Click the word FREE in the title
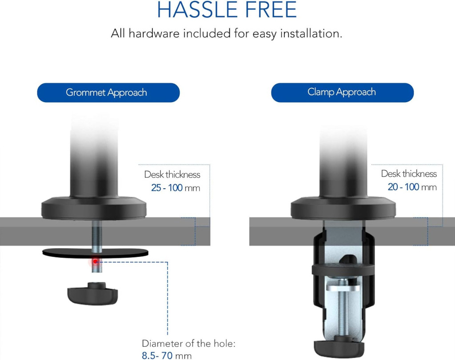(271, 9)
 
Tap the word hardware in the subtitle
(154, 34)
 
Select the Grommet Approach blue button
(108, 92)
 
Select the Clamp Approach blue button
(343, 92)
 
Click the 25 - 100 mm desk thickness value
(176, 188)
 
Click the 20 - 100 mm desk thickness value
(412, 187)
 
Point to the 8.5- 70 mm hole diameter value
(167, 356)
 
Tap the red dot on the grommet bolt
(95, 261)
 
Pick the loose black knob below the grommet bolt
(92, 293)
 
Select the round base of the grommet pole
(94, 208)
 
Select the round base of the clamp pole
(343, 208)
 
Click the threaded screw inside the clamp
(343, 313)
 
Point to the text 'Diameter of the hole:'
(188, 344)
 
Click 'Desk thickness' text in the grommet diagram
(172, 174)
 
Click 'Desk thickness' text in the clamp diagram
(409, 174)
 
